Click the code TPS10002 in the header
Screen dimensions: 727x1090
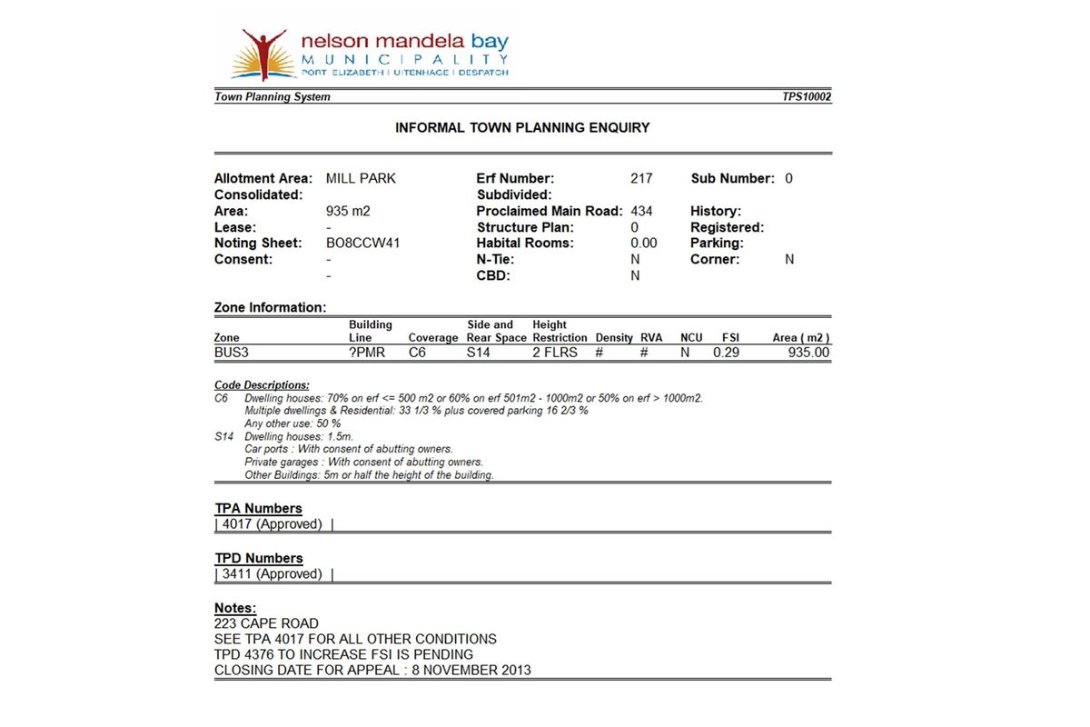[x=807, y=97]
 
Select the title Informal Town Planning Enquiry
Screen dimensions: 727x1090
[x=522, y=128]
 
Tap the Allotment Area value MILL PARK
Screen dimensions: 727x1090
[x=361, y=179]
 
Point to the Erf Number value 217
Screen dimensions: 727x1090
[x=641, y=179]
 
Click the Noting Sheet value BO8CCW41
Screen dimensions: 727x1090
[x=362, y=244]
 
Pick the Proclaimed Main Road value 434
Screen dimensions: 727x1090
[x=641, y=212]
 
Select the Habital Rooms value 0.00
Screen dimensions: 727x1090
[x=643, y=244]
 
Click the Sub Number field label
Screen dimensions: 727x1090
[x=732, y=179]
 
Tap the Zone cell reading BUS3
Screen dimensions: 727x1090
[x=233, y=353]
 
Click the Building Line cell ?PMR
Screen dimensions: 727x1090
[x=367, y=353]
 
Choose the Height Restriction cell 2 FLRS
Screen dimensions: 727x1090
[x=554, y=353]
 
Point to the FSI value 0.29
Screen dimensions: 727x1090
[x=726, y=353]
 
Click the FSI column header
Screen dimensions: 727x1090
[x=730, y=338]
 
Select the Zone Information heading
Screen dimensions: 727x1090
[x=270, y=308]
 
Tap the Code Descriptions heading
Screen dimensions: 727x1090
[x=262, y=385]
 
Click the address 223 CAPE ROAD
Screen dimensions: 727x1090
[x=266, y=623]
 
